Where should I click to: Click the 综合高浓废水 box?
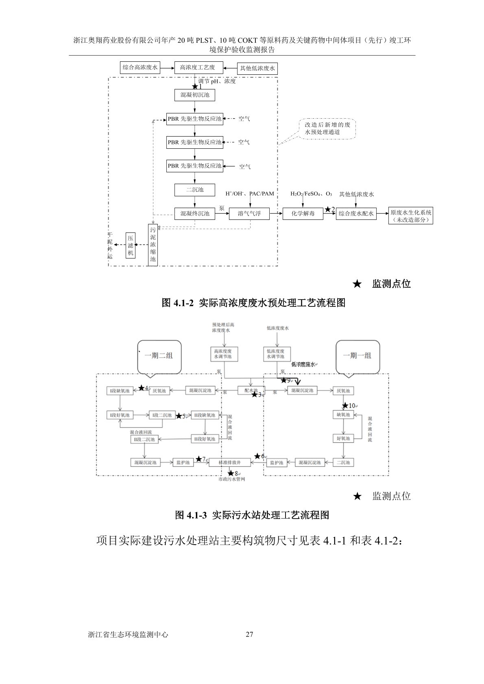(x=140, y=67)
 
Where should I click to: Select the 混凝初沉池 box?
(x=195, y=95)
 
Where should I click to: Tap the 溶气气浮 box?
(x=249, y=213)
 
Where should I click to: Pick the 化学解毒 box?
(x=303, y=213)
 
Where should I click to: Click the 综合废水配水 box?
(x=356, y=213)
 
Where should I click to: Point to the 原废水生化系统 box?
(x=411, y=215)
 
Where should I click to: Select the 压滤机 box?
(x=131, y=245)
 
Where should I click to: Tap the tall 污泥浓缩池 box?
(x=153, y=245)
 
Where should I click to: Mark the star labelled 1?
(x=195, y=86)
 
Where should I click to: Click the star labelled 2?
(x=328, y=209)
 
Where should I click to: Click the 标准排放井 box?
(x=230, y=463)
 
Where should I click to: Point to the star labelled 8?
(x=231, y=473)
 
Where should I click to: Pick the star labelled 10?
(x=345, y=405)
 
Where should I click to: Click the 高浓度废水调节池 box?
(x=224, y=353)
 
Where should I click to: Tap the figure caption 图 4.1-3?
(x=252, y=515)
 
